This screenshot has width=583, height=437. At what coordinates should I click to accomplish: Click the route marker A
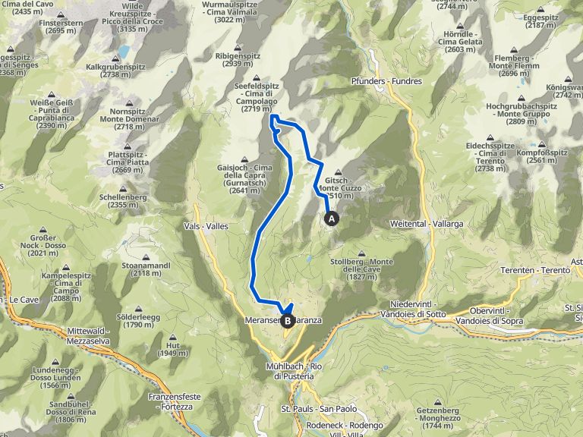point(332,218)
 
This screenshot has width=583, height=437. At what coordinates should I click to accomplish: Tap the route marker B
point(288,321)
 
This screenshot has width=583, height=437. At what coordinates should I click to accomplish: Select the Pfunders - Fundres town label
point(386,80)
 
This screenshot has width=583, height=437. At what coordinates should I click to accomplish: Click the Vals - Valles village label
point(206,226)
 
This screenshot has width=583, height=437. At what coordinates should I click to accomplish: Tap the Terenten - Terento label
point(535,270)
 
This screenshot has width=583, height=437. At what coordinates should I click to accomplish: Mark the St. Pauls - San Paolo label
point(308,409)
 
